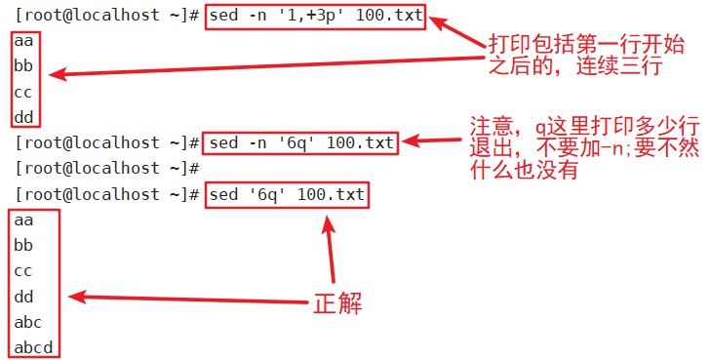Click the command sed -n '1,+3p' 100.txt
pyautogui.click(x=315, y=19)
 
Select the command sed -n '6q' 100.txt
pyautogui.click(x=300, y=143)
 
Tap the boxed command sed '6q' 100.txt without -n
pyautogui.click(x=286, y=195)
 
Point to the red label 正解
pyautogui.click(x=337, y=302)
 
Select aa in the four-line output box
pyautogui.click(x=24, y=43)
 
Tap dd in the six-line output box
pyautogui.click(x=24, y=297)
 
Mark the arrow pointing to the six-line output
pyautogui.click(x=185, y=300)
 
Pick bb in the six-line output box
pyautogui.click(x=24, y=246)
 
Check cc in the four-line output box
pyautogui.click(x=24, y=93)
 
